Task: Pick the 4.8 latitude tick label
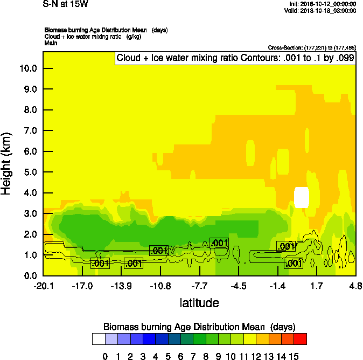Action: coord(355,285)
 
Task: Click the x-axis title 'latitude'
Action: coord(199,303)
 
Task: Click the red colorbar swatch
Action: coord(301,339)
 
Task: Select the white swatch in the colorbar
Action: coord(99,339)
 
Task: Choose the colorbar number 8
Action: coord(206,356)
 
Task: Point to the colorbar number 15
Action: coord(294,356)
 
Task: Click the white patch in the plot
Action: coord(302,197)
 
